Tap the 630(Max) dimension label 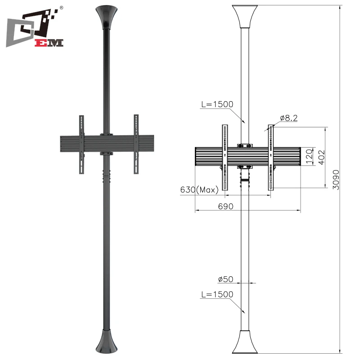[199, 190]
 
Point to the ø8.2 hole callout [288, 118]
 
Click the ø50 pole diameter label [225, 279]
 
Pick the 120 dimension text [308, 157]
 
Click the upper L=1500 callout [217, 104]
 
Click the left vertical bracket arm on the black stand [81, 144]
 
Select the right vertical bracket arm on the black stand [136, 144]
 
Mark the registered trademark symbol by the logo [61, 8]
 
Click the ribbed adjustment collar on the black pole [107, 176]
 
